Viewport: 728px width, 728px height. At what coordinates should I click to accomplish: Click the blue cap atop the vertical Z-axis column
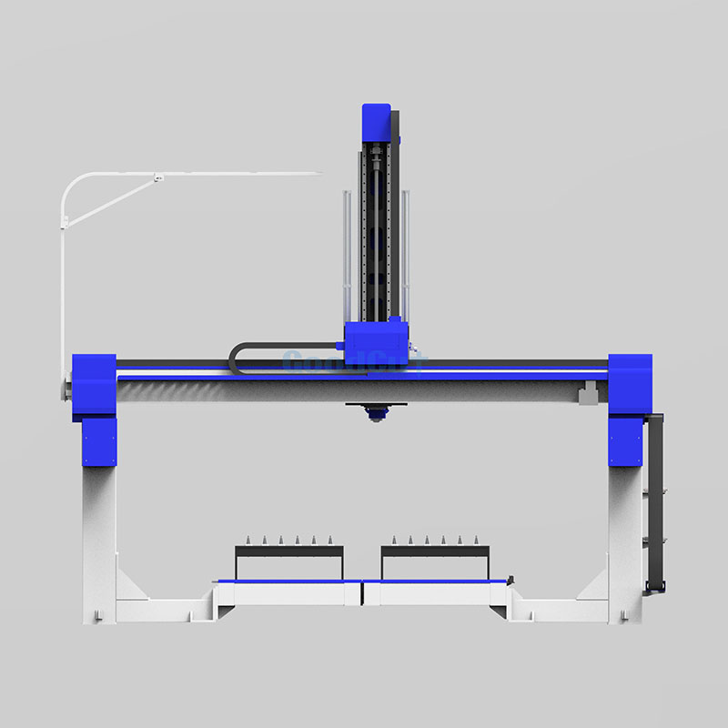(x=376, y=122)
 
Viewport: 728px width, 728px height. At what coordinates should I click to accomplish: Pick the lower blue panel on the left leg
(x=99, y=441)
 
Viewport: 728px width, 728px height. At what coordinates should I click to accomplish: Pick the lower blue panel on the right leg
(x=625, y=441)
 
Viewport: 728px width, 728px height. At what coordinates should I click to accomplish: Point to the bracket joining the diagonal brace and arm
(x=157, y=177)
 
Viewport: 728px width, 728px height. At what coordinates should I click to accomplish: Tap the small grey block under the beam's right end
(x=587, y=393)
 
